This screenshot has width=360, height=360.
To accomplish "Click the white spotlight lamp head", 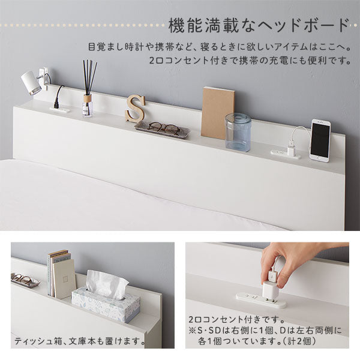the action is coord(31,83).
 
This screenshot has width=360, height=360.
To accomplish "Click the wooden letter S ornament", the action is coord(135,108).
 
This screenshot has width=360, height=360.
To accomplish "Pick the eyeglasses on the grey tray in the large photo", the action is coord(164,128).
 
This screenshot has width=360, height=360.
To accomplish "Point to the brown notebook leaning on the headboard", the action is coord(218,113).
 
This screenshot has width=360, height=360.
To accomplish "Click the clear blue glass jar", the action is coord(238,133).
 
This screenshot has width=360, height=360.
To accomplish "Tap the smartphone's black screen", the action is coord(320,140).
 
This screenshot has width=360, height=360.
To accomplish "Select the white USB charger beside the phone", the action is coord(291,150).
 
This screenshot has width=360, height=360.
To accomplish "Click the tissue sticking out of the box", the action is coord(106,284).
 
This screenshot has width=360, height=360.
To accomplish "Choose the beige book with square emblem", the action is coord(64,279).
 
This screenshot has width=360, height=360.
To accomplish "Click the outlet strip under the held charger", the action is coord(261,300).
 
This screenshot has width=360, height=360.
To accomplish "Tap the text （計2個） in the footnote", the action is coord(299,341).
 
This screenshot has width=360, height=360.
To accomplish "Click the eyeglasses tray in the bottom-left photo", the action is coord(25,280).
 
